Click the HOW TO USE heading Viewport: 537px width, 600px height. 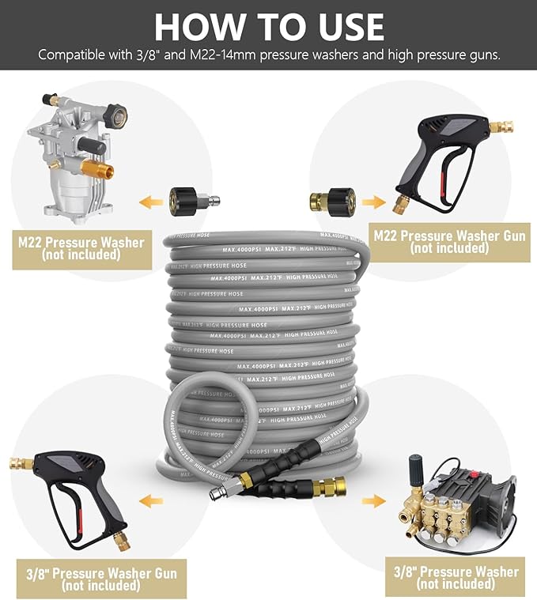(268, 26)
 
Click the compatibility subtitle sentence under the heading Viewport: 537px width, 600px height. (268, 55)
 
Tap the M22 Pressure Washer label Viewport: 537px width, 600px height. (81, 248)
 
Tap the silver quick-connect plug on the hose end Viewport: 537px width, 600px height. (215, 492)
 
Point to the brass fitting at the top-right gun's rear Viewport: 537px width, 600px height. (501, 126)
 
